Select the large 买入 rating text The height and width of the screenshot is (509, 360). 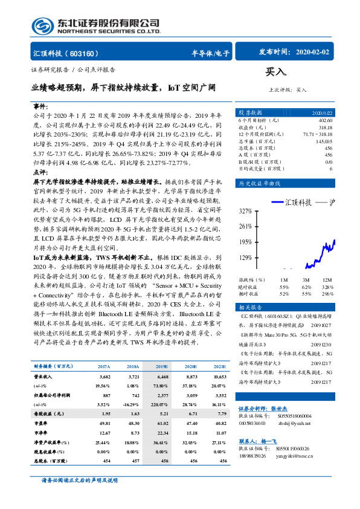point(276,72)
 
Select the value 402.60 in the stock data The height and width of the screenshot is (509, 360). point(324,120)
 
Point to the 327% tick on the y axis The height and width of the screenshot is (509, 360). point(245,211)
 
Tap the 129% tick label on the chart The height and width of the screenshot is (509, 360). point(245,258)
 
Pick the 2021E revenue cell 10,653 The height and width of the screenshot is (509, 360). point(219,377)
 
